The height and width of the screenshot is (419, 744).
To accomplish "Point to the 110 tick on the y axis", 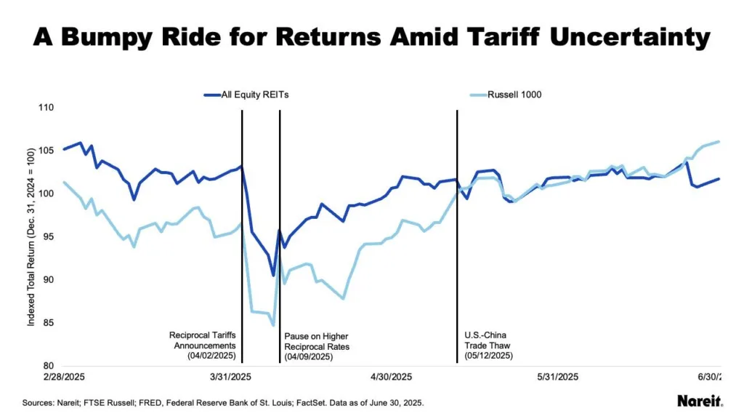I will click(x=45, y=108).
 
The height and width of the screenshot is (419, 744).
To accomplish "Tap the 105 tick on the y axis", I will click(x=45, y=151).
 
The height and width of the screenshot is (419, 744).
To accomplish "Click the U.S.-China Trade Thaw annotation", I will click(x=488, y=346).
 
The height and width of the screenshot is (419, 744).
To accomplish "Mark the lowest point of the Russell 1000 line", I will click(x=273, y=325).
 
